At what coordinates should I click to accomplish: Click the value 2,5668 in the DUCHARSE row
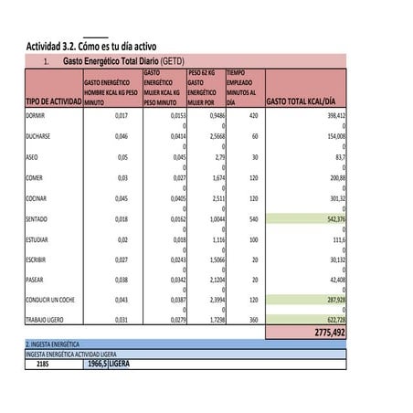tap(203, 135)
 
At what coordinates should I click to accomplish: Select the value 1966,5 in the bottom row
tap(97, 363)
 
